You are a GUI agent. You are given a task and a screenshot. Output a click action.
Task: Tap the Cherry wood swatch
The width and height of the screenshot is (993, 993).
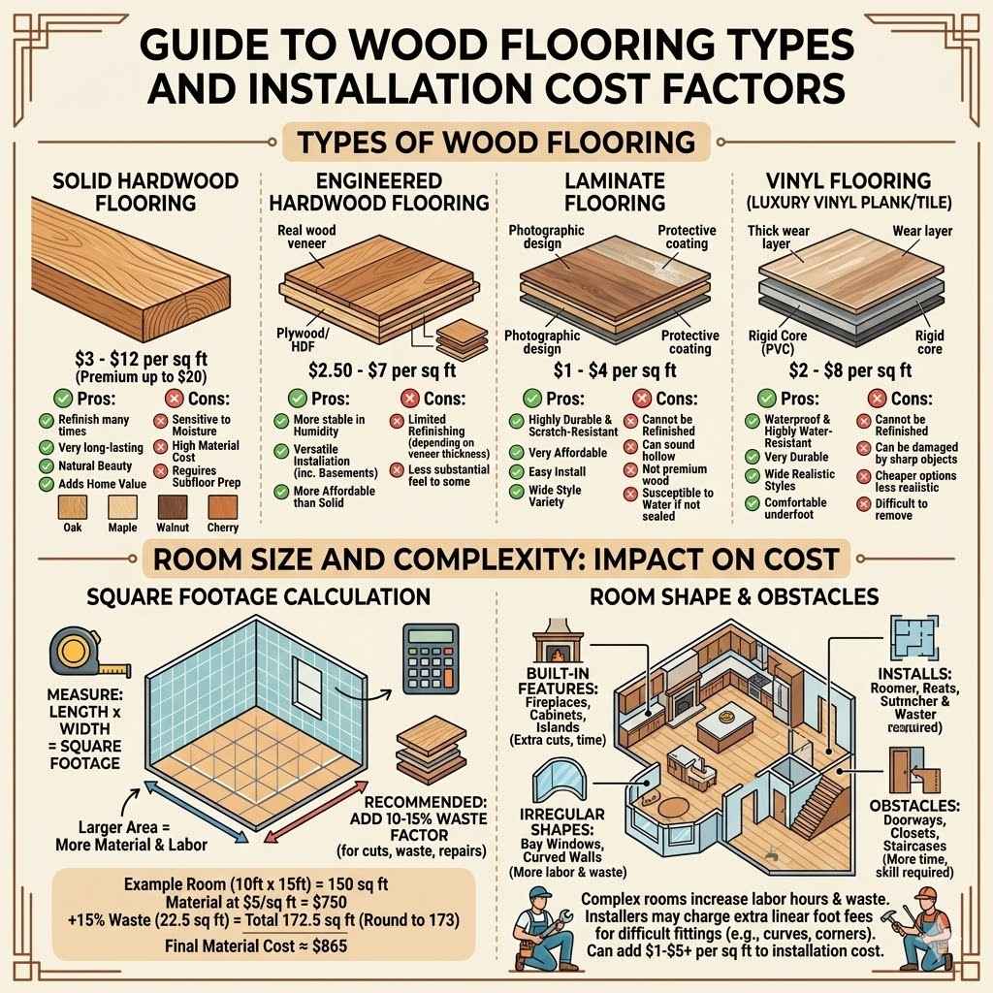point(222,507)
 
